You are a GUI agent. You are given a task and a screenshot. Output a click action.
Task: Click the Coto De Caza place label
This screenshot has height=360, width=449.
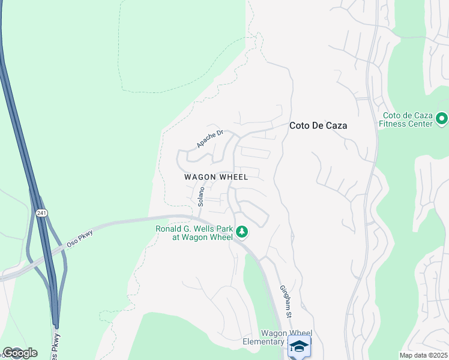(318, 126)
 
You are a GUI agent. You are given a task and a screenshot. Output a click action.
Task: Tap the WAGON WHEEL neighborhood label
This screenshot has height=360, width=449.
(215, 177)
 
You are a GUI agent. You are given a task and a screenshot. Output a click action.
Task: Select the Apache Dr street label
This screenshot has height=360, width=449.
(209, 139)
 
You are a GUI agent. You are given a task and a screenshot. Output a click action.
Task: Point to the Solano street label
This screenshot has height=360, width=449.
(201, 196)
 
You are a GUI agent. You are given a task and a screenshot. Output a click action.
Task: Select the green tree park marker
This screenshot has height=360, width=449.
(242, 232)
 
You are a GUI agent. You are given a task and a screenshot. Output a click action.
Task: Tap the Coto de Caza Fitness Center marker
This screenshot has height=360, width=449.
(442, 119)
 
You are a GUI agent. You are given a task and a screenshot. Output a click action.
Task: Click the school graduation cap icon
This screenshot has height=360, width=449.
(299, 346)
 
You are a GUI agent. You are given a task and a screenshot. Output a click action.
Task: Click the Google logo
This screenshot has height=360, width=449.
(19, 352)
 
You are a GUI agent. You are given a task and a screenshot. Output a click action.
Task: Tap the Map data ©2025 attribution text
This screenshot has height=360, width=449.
(423, 355)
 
